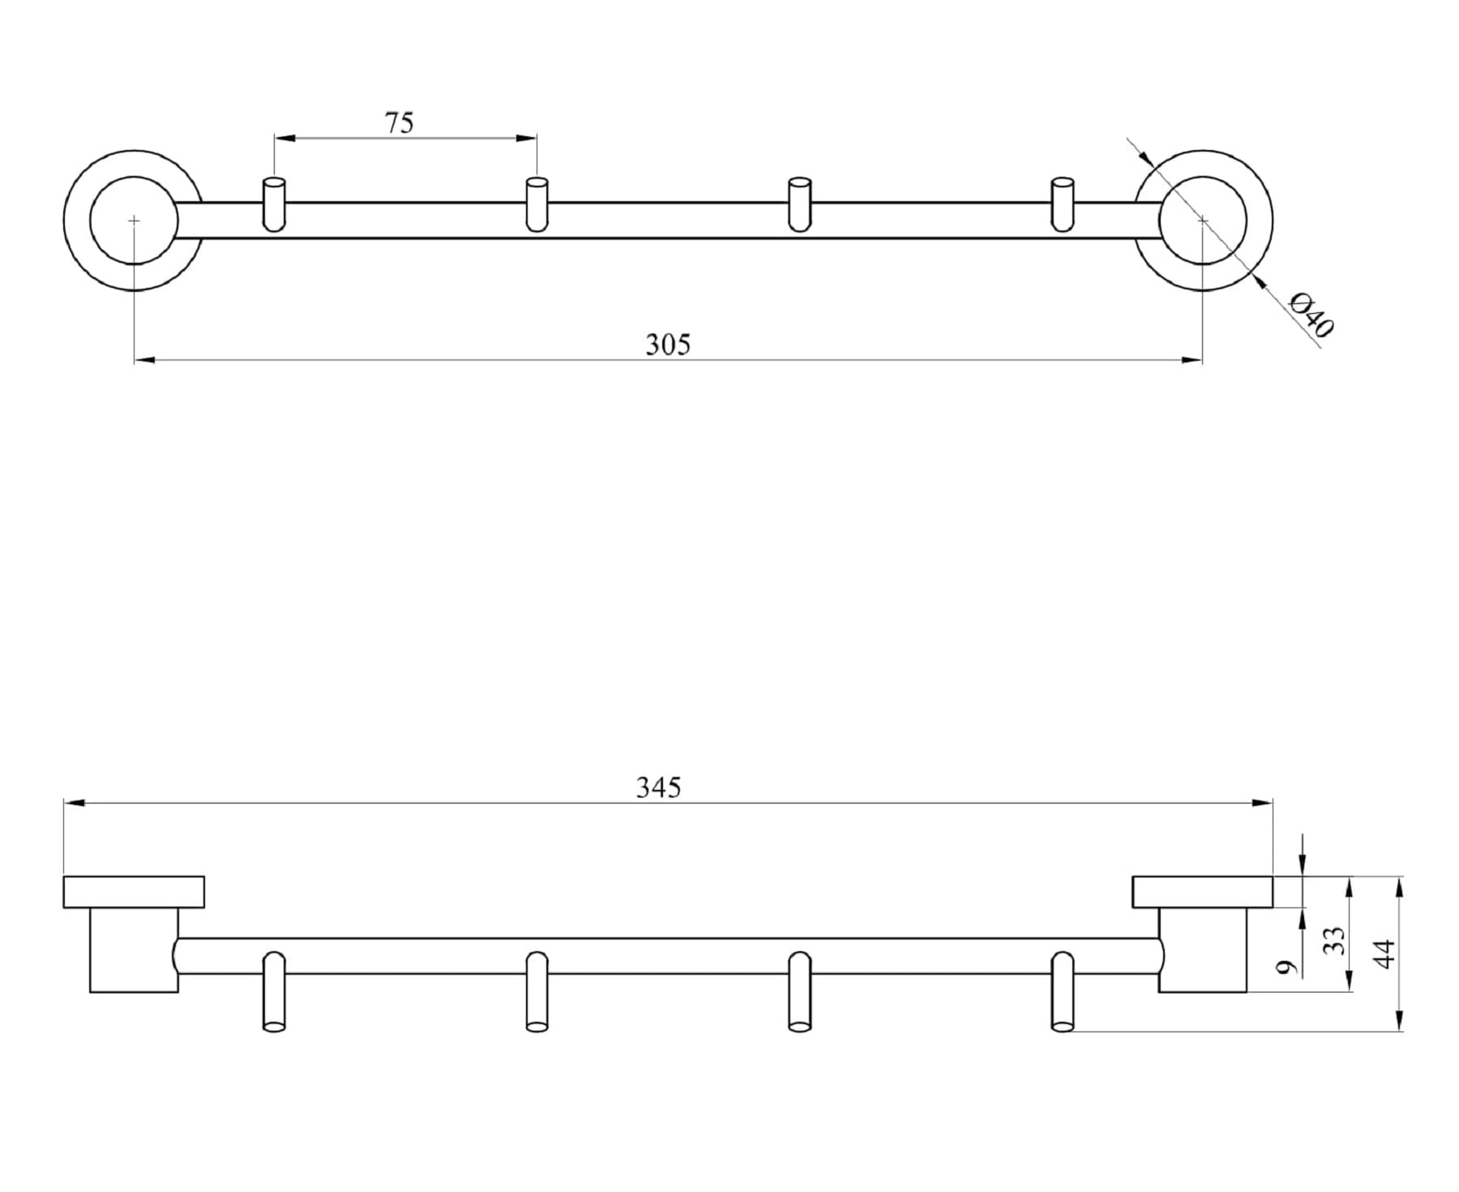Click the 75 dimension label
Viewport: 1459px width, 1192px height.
tap(399, 122)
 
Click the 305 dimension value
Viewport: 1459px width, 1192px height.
tap(668, 345)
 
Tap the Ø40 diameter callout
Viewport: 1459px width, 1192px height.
tap(1311, 314)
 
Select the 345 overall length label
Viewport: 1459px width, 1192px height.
tap(658, 787)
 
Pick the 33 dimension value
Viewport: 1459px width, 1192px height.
tap(1333, 941)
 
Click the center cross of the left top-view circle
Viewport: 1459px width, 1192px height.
tap(134, 220)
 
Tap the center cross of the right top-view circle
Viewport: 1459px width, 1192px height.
tap(1203, 220)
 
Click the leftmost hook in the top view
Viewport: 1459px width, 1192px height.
tap(274, 204)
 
